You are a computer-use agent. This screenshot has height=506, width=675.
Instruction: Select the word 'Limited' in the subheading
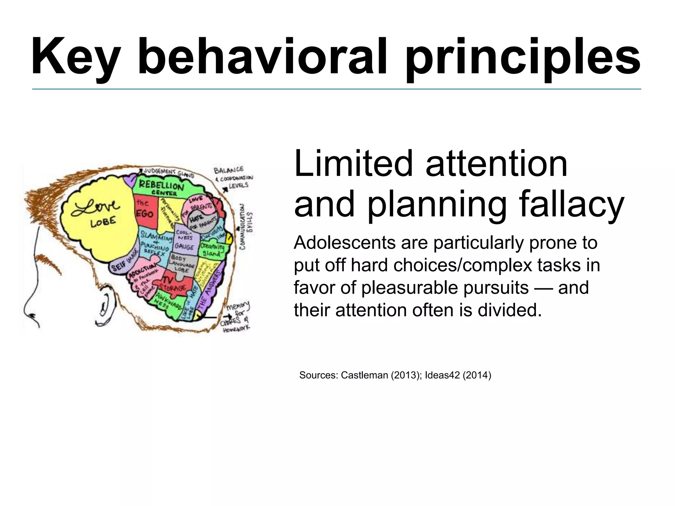(353, 164)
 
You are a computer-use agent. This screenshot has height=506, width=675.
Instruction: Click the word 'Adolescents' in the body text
(344, 243)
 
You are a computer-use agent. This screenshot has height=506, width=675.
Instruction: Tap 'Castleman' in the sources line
(364, 375)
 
